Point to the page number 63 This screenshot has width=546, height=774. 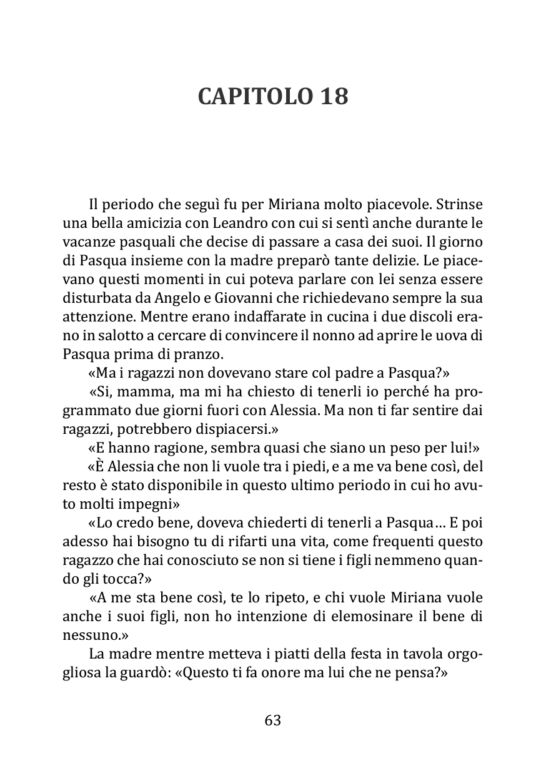coord(273,720)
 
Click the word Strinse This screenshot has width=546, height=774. coord(459,204)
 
